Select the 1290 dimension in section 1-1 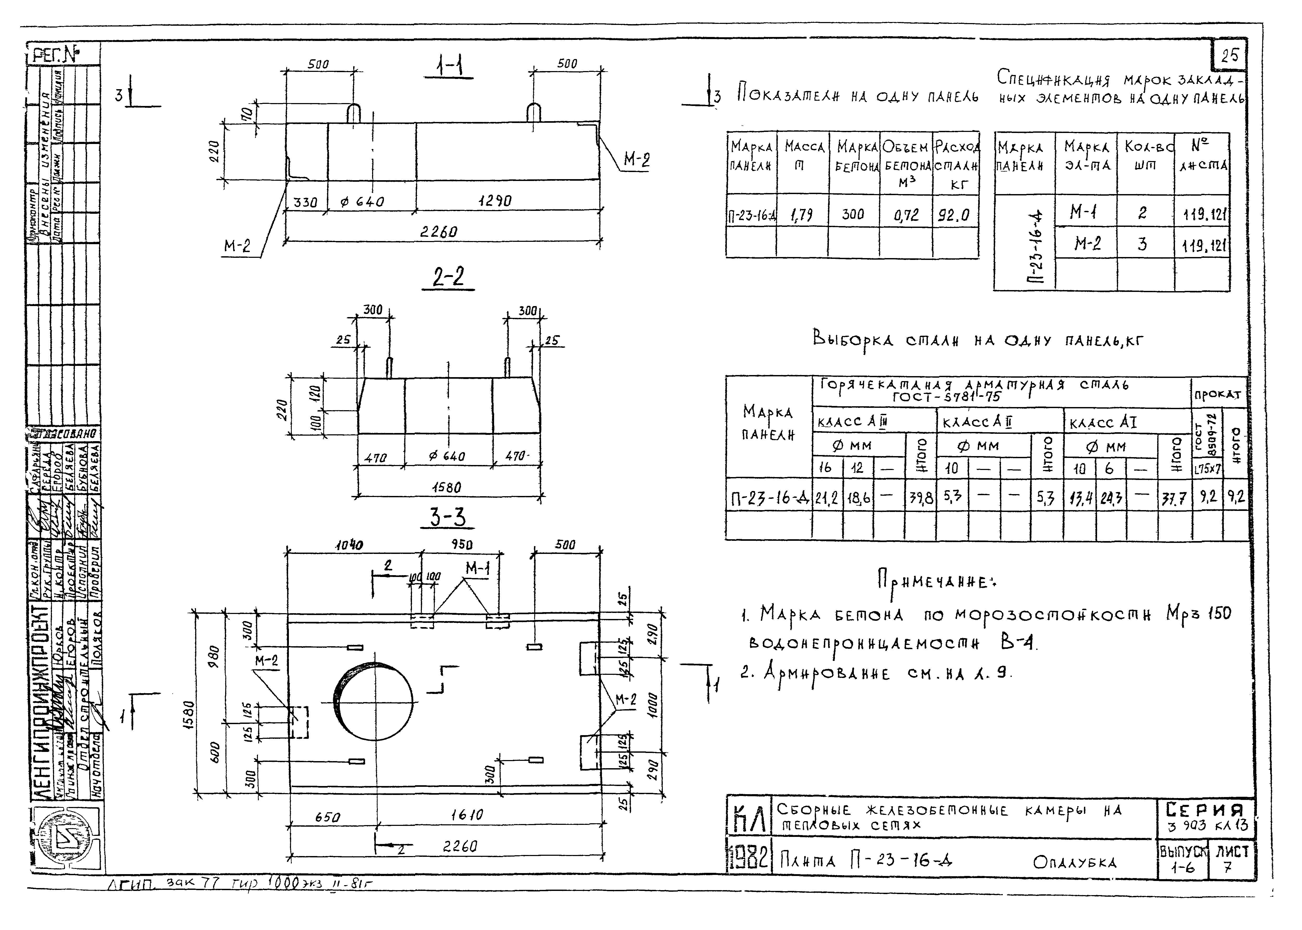(495, 201)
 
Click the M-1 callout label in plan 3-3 (478, 569)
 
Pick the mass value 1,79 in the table (801, 215)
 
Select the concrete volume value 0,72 (906, 215)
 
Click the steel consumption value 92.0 (954, 215)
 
